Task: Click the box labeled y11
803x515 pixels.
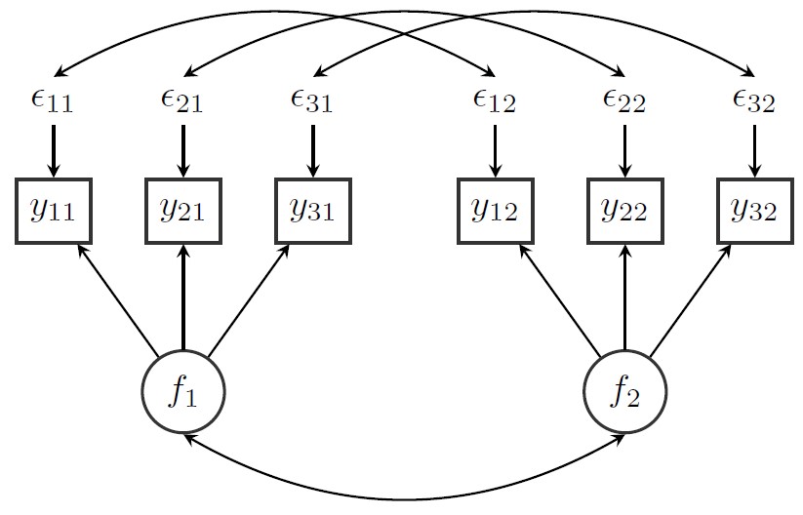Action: coord(54,211)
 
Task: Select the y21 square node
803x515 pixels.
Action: coord(182,211)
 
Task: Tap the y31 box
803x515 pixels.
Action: coord(312,211)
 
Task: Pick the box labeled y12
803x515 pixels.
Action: coord(496,211)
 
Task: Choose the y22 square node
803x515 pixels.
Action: coord(624,211)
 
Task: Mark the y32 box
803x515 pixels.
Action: coord(753,211)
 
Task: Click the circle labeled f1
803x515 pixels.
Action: coord(183,392)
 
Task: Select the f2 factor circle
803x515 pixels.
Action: coord(624,392)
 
